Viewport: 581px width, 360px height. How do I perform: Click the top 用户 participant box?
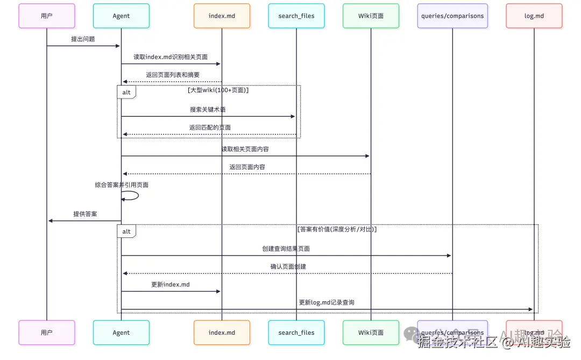click(x=47, y=16)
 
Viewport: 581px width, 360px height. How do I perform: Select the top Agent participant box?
click(x=121, y=16)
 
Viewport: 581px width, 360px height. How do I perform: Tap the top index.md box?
click(x=222, y=16)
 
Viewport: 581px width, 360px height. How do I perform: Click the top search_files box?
click(x=296, y=16)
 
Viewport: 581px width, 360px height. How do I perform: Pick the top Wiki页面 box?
click(x=371, y=16)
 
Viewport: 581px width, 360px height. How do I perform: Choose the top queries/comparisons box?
click(x=452, y=16)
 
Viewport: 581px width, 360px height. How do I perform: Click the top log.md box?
click(x=534, y=16)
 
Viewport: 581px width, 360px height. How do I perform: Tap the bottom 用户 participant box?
click(x=47, y=333)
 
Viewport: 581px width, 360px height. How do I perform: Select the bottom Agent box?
click(x=121, y=333)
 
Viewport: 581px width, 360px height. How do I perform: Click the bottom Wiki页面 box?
click(x=371, y=333)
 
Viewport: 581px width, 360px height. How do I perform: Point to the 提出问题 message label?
click(x=83, y=39)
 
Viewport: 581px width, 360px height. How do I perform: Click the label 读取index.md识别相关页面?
click(x=171, y=57)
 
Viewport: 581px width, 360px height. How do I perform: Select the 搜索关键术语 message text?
click(x=208, y=109)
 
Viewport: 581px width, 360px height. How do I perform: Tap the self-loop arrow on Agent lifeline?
click(x=131, y=196)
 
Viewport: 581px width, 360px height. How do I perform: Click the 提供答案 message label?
click(x=85, y=214)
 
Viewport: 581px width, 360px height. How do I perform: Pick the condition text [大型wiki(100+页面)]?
click(x=218, y=90)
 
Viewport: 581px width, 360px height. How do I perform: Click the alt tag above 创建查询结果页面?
click(x=126, y=231)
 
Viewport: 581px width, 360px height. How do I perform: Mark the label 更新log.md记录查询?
click(x=327, y=302)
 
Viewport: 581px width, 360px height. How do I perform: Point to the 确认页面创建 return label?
click(x=288, y=266)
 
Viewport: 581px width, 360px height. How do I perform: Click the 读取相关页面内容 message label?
click(x=245, y=149)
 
